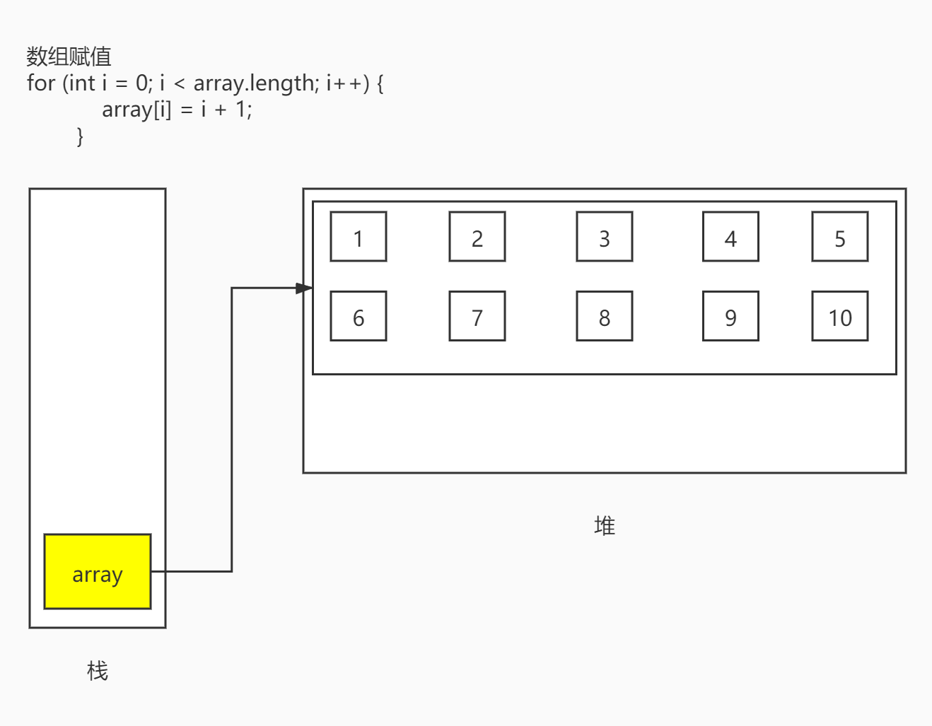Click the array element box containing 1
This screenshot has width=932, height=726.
click(x=359, y=237)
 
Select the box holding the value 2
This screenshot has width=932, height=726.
click(x=477, y=237)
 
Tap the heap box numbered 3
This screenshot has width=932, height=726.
click(x=605, y=237)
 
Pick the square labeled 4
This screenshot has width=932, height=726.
click(x=730, y=237)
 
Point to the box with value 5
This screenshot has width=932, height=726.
click(x=840, y=237)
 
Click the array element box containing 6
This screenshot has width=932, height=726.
click(x=359, y=316)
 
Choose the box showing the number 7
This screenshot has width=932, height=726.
click(x=477, y=316)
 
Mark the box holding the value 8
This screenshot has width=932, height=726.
click(x=605, y=316)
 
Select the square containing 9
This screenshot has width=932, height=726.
click(x=730, y=316)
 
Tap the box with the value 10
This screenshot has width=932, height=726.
click(x=840, y=316)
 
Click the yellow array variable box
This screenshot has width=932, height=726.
click(x=98, y=571)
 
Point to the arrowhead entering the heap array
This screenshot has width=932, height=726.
click(x=305, y=288)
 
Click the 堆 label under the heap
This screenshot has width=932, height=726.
click(x=605, y=526)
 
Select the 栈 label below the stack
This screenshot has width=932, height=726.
click(x=98, y=670)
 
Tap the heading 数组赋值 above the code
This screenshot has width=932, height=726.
click(x=69, y=57)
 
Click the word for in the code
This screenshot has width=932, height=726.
click(x=41, y=83)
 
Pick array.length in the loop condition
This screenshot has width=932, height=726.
click(x=256, y=83)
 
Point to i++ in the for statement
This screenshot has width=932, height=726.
click(x=345, y=83)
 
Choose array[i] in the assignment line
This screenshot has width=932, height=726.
click(x=136, y=110)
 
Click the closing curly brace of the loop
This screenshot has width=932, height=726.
click(x=80, y=136)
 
